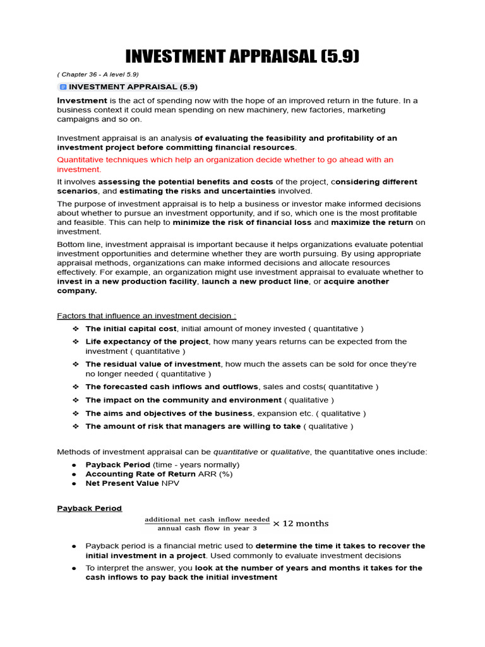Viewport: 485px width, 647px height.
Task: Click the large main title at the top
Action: pyautogui.click(x=242, y=56)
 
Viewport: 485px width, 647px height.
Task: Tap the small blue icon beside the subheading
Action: pyautogui.click(x=63, y=87)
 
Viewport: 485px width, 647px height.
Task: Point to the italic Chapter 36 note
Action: pyautogui.click(x=98, y=74)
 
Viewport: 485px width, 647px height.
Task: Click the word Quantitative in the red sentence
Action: pyautogui.click(x=82, y=160)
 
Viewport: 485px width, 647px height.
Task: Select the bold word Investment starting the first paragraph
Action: pyautogui.click(x=82, y=100)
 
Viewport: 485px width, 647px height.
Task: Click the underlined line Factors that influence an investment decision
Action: pyautogui.click(x=147, y=315)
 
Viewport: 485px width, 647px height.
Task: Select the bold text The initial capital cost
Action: pyautogui.click(x=131, y=329)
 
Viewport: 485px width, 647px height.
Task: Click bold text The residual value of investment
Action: pyautogui.click(x=153, y=364)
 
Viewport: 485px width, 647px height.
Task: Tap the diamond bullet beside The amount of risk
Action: pyautogui.click(x=75, y=426)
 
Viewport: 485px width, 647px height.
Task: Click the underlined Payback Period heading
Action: pyautogui.click(x=89, y=508)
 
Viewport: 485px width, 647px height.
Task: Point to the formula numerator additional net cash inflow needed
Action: pyautogui.click(x=207, y=519)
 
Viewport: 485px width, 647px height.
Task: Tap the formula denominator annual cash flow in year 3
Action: pyautogui.click(x=207, y=528)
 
